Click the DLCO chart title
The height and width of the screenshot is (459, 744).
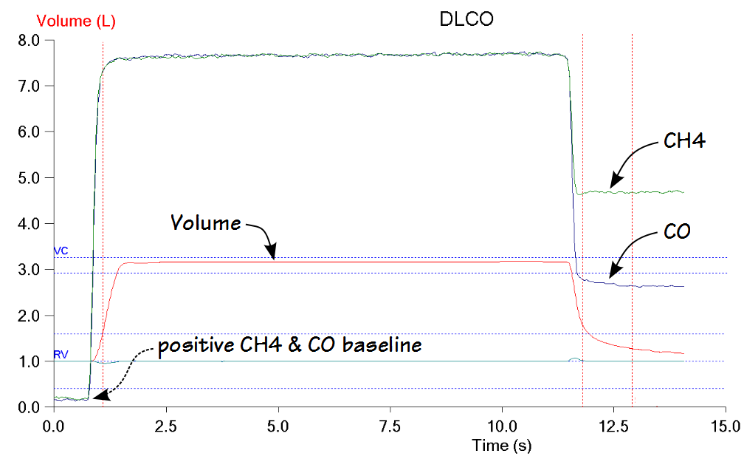pyautogui.click(x=466, y=20)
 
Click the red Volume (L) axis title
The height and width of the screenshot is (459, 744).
pyautogui.click(x=76, y=21)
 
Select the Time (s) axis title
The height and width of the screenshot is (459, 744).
pyautogui.click(x=501, y=446)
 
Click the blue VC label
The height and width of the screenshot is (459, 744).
pyautogui.click(x=61, y=251)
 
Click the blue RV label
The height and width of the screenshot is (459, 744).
pyautogui.click(x=61, y=355)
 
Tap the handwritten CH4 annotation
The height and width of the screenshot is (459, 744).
pyautogui.click(x=683, y=142)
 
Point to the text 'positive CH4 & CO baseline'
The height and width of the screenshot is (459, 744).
pyautogui.click(x=289, y=345)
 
